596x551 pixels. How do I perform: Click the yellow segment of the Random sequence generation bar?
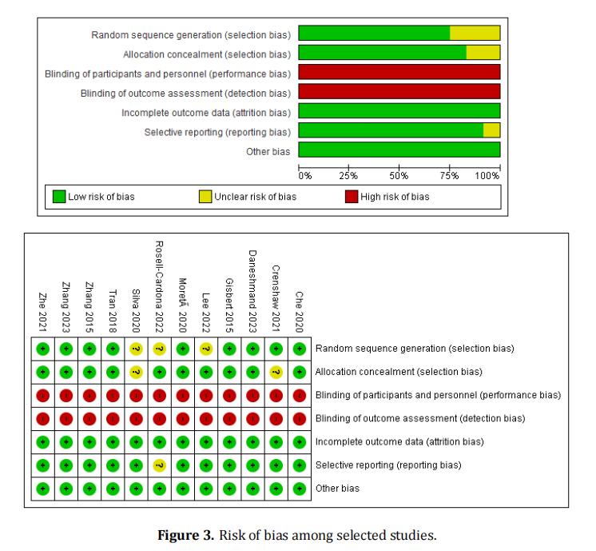pyautogui.click(x=475, y=33)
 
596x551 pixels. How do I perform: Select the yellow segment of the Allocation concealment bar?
pyautogui.click(x=483, y=52)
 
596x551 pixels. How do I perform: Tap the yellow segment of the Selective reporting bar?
pyautogui.click(x=491, y=130)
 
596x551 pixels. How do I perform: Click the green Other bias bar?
pyautogui.click(x=399, y=150)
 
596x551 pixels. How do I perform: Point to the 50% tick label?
pyautogui.click(x=399, y=175)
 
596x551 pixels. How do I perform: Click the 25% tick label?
pyautogui.click(x=348, y=175)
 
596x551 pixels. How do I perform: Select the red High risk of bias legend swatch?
pyautogui.click(x=352, y=197)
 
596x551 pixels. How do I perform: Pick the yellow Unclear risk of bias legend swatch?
pyautogui.click(x=205, y=197)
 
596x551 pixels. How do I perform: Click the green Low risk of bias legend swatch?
pyautogui.click(x=58, y=197)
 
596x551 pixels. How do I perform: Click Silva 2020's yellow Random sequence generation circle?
pyautogui.click(x=136, y=349)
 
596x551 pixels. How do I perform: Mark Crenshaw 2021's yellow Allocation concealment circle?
pyautogui.click(x=276, y=372)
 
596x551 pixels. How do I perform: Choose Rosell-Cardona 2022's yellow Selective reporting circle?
pyautogui.click(x=159, y=465)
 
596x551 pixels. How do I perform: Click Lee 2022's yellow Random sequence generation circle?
pyautogui.click(x=205, y=349)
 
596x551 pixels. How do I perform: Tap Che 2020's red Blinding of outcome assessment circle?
pyautogui.click(x=299, y=418)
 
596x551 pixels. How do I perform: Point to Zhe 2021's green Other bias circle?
pyautogui.click(x=43, y=488)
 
